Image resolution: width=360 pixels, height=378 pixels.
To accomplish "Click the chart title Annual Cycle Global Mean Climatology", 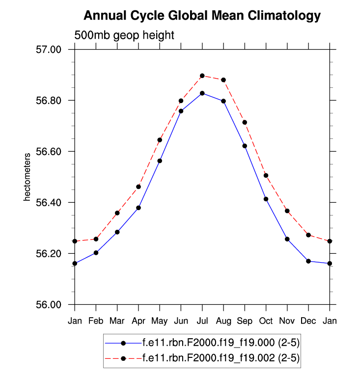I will coord(202,16).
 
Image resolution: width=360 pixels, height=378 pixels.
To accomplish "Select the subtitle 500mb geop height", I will coord(124,35).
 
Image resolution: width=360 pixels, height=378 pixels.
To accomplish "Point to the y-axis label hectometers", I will coord(28,177).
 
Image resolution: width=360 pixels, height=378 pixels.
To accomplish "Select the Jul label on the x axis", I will coord(202,322).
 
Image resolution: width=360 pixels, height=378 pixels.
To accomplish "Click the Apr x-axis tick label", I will coord(138,322).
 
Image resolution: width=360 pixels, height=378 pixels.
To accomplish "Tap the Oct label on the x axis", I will coord(266,322).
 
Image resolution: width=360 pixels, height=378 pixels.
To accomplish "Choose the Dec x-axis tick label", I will coord(308,322).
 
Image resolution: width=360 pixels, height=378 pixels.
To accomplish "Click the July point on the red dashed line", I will coord(202,76).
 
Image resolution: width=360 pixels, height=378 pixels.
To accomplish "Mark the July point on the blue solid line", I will coord(202,93).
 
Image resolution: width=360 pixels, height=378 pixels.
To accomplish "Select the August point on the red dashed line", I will coord(223,80).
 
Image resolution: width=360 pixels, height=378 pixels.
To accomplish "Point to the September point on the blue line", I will coord(245,146).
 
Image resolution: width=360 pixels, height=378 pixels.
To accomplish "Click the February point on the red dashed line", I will coord(96,239).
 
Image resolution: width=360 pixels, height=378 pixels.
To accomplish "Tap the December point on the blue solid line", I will coord(308,261).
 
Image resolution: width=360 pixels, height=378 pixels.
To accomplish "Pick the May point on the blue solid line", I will coord(160,161).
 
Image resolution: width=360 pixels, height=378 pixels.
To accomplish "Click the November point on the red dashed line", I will coord(287,211).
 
